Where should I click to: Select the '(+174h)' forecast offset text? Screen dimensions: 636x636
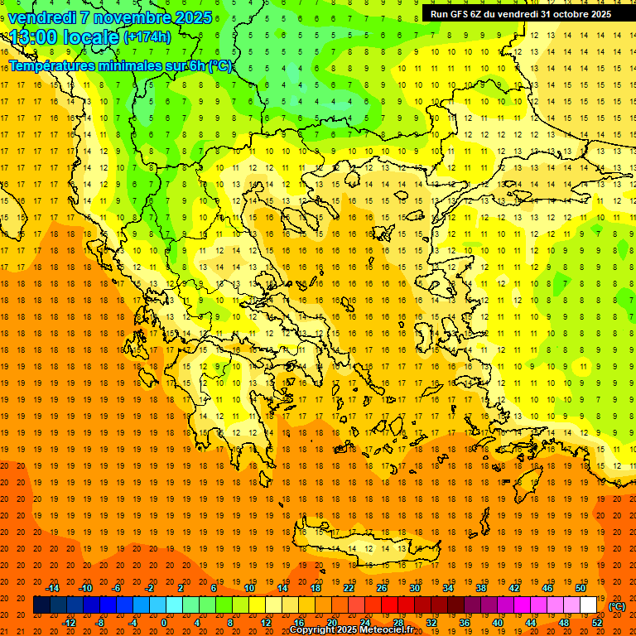147,37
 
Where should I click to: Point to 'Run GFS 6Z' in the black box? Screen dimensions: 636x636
458,14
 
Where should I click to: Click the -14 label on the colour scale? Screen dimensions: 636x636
52,588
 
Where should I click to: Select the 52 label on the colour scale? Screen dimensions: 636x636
596,623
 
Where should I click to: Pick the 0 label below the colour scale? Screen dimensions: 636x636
164,623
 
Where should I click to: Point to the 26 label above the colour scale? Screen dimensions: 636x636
382,588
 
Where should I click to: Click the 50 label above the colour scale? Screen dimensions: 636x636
581,588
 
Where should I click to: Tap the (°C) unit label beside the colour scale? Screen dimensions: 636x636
617,606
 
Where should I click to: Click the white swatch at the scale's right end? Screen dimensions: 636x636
589,605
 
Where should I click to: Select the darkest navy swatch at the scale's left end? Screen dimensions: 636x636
41,605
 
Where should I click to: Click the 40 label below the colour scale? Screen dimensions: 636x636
497,623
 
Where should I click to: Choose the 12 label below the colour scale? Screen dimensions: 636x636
266,623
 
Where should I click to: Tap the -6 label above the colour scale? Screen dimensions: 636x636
117,588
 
